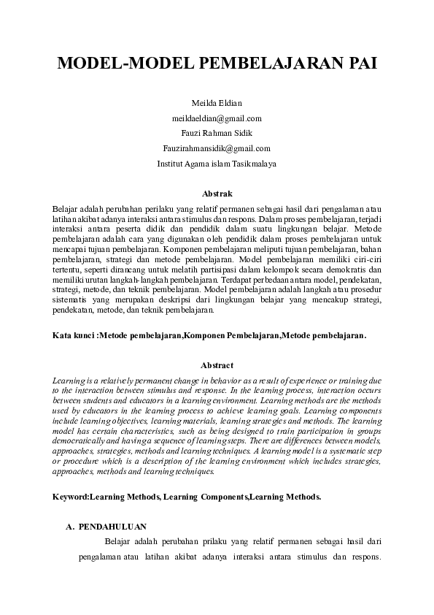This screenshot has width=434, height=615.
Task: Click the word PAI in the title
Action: (357, 64)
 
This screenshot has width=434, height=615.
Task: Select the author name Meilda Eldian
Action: (217, 103)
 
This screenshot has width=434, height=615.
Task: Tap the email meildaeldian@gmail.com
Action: (217, 118)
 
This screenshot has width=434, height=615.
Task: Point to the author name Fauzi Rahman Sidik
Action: (217, 134)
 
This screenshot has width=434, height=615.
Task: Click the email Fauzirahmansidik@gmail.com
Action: (217, 148)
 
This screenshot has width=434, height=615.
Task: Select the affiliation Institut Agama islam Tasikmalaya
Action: (217, 164)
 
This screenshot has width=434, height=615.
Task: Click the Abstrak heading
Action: (217, 194)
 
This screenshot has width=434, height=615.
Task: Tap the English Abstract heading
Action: (217, 365)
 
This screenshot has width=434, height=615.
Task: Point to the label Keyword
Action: (70, 497)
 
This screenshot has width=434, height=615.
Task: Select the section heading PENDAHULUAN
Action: (112, 526)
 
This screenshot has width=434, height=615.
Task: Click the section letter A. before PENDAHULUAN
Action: (70, 526)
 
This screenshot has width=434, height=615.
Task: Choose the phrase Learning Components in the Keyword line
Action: (206, 497)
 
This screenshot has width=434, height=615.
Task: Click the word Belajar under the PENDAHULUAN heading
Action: (119, 541)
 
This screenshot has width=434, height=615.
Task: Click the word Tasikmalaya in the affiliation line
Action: (254, 164)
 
